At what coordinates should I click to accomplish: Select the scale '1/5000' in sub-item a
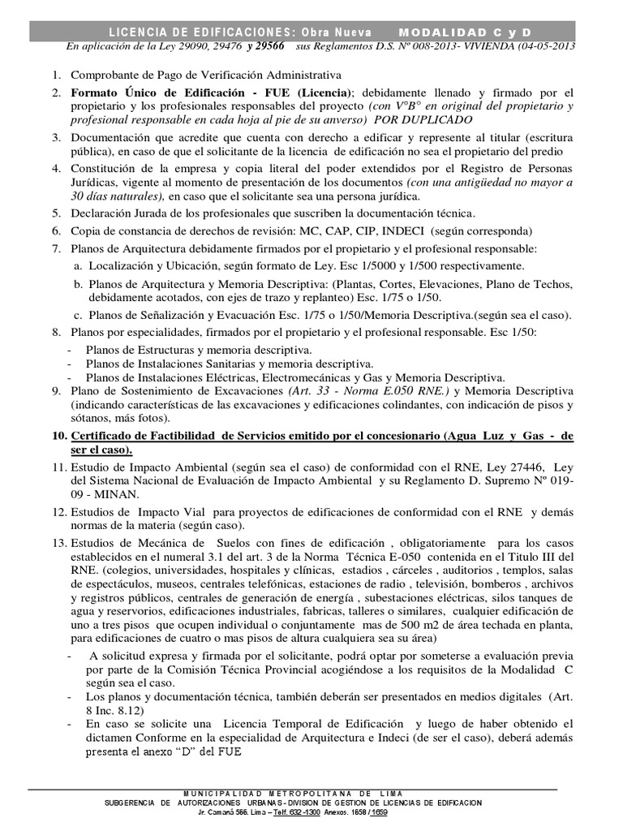(x=351, y=265)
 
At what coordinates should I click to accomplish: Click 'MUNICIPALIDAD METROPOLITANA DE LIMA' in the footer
(x=294, y=793)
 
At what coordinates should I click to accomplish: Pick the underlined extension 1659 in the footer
(x=378, y=812)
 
